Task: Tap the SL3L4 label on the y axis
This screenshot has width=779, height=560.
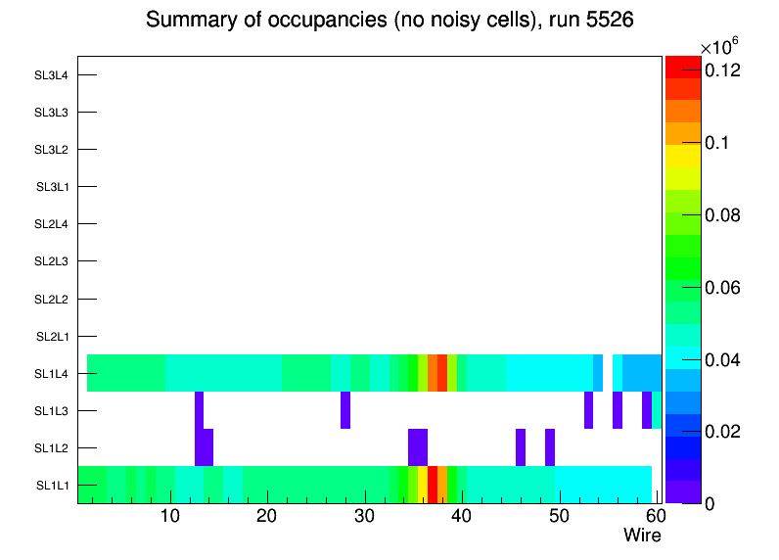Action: (52, 75)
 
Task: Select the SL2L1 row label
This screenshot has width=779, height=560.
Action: (52, 337)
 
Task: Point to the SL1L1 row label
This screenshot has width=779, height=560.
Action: (52, 486)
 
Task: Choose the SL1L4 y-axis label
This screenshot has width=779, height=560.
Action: (52, 374)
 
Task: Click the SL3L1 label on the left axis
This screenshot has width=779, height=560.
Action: (52, 187)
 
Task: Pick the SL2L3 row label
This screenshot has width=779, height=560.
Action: (52, 261)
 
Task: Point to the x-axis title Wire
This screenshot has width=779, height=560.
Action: (642, 536)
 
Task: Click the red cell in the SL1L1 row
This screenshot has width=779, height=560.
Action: (433, 485)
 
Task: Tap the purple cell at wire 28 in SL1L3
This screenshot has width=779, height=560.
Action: (345, 410)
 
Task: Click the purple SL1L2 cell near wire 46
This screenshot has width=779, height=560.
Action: (521, 447)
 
